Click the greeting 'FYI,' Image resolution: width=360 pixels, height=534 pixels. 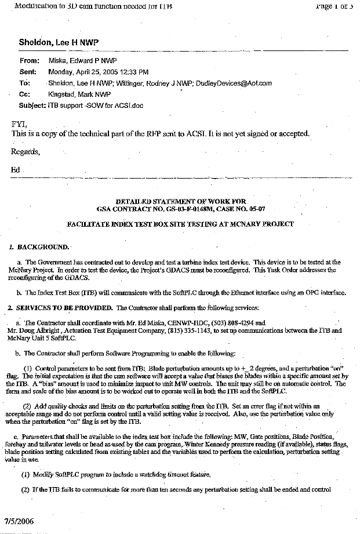[x=19, y=124]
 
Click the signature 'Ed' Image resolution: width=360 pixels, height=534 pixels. [x=16, y=170]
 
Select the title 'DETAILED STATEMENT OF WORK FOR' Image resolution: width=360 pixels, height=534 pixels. [x=181, y=200]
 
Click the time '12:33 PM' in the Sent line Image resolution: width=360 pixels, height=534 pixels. [x=134, y=72]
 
